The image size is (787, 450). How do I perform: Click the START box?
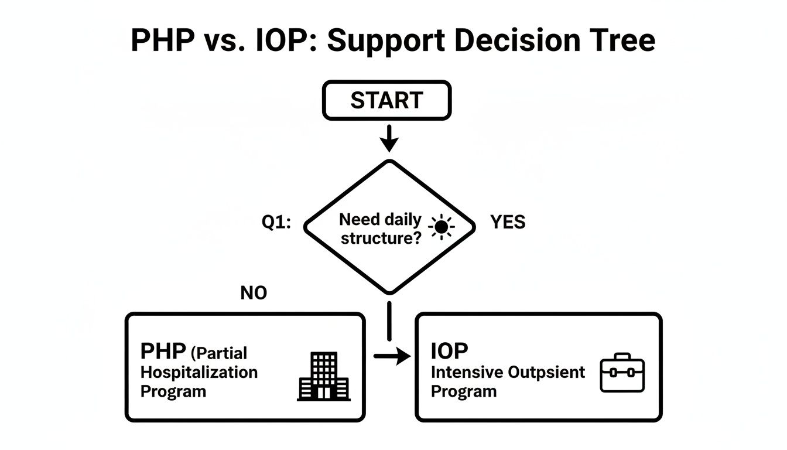click(x=386, y=100)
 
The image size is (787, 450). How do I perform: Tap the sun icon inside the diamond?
click(x=441, y=226)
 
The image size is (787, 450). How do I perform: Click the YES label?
click(x=508, y=222)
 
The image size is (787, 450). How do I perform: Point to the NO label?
click(x=254, y=293)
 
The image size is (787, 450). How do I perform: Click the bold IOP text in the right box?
click(x=450, y=351)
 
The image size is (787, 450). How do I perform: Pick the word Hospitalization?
click(x=199, y=372)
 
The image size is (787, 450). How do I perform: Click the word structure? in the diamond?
click(x=381, y=238)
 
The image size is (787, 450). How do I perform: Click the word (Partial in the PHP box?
click(x=219, y=353)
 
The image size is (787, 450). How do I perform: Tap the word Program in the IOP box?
click(x=463, y=391)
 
